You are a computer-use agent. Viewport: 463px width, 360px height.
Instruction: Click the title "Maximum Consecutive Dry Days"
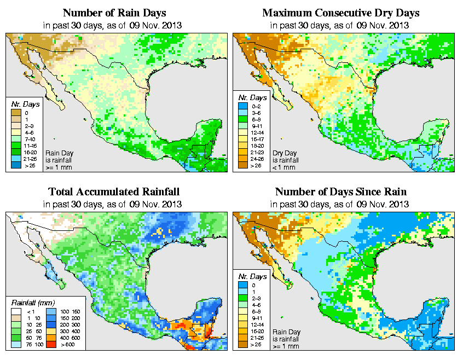(340, 13)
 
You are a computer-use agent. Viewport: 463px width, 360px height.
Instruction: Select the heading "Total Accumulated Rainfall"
(114, 191)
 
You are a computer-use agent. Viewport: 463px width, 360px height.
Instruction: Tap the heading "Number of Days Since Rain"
(340, 191)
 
